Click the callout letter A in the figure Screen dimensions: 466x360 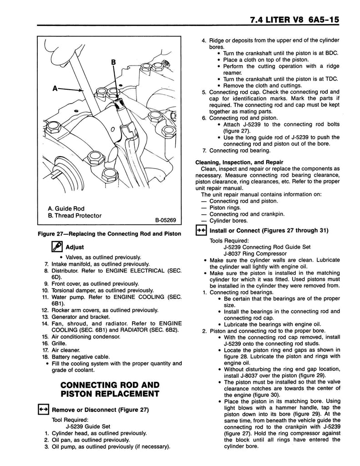pyautogui.click(x=56, y=89)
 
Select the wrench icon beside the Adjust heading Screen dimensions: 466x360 pyautogui.click(x=57, y=248)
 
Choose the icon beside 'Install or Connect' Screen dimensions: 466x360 pyautogui.click(x=201, y=230)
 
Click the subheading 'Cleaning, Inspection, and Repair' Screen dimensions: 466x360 pyautogui.click(x=239, y=162)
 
